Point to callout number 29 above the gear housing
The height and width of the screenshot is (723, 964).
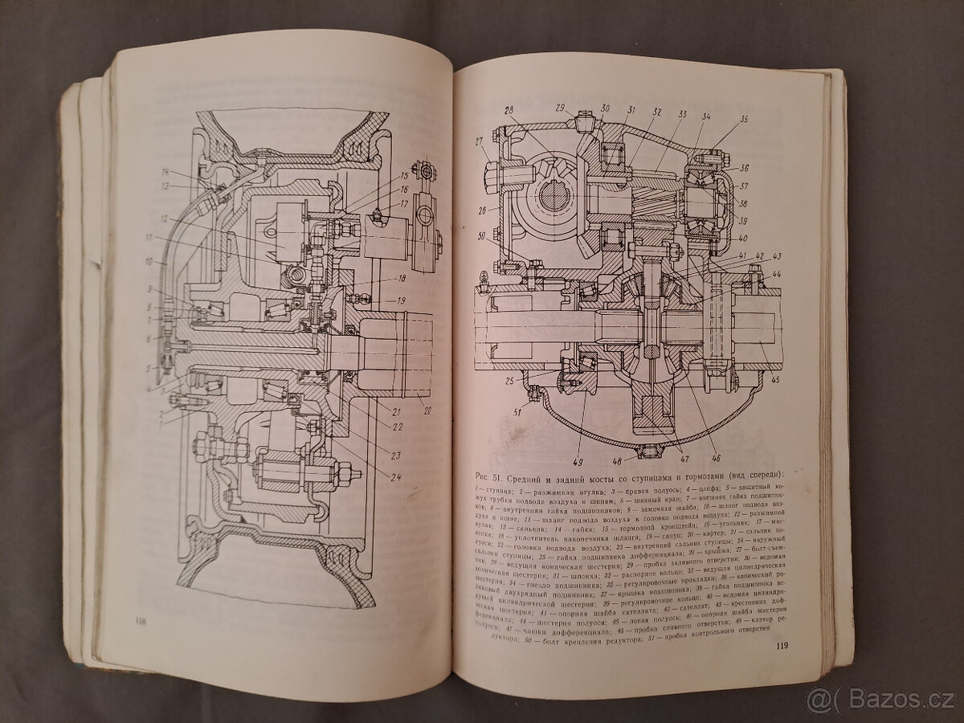[x=560, y=108]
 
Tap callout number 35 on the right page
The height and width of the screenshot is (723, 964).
[x=743, y=120]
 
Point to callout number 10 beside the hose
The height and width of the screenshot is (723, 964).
[x=149, y=262]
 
